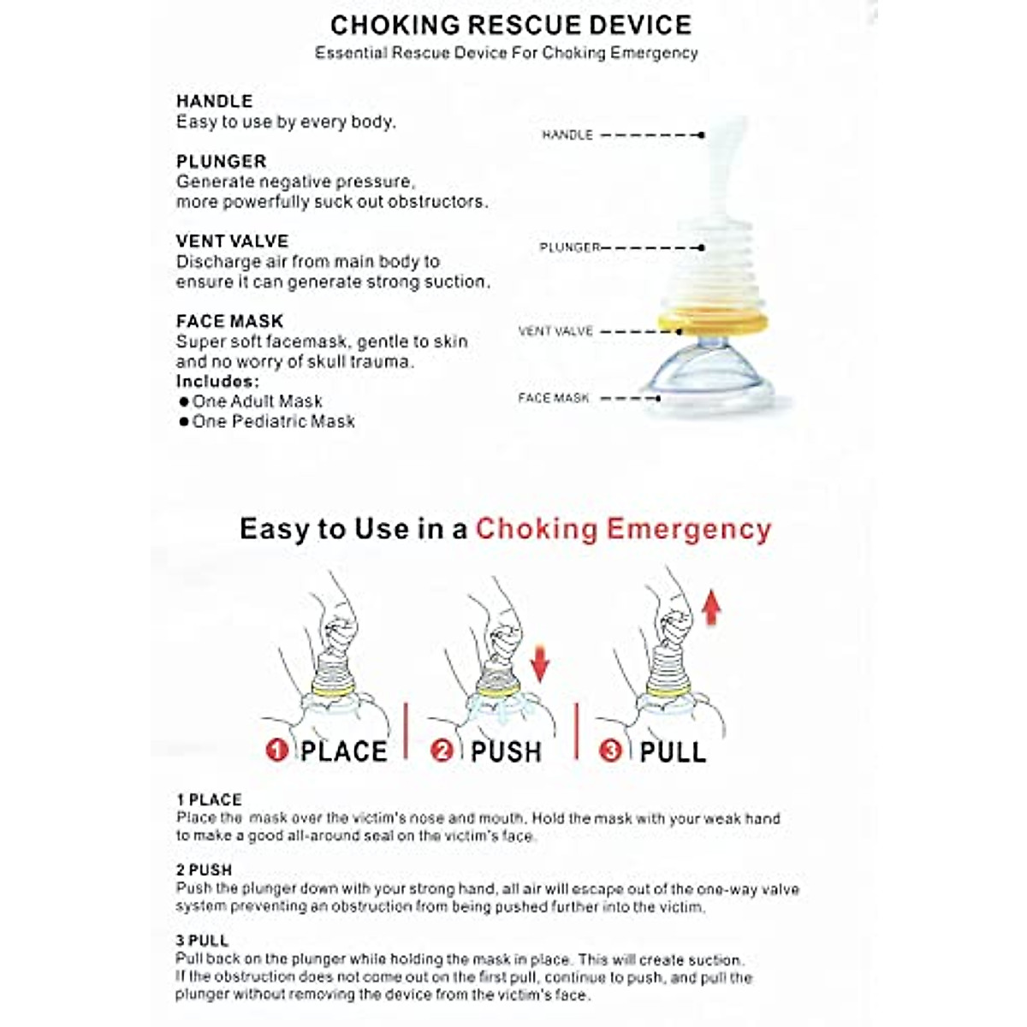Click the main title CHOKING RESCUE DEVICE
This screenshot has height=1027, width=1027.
511,25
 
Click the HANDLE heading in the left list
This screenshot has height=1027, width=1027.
214,101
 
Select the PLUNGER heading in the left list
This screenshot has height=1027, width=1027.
221,161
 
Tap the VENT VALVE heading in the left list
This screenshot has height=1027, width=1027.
232,241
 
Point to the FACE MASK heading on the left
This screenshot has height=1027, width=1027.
229,321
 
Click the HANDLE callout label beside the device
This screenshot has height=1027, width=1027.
567,134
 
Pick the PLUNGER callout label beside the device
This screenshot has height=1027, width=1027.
569,247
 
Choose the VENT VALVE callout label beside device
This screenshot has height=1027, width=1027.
555,331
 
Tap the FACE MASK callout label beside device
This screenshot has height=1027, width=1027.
554,398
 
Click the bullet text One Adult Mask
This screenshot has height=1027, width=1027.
257,401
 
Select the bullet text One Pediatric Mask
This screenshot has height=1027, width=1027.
273,421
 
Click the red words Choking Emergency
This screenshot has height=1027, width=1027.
623,529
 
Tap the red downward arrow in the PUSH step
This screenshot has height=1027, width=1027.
540,663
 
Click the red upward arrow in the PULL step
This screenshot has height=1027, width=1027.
711,609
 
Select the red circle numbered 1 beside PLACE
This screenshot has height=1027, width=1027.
276,751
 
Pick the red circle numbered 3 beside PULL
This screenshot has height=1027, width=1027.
611,751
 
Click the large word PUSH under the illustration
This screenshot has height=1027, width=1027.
506,751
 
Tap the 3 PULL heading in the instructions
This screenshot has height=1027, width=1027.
202,941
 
